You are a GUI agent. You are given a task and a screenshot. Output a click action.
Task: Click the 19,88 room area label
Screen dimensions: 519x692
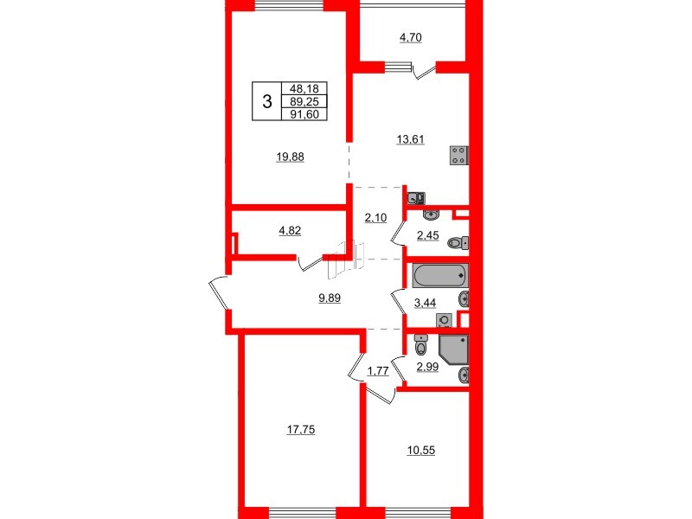point(291,157)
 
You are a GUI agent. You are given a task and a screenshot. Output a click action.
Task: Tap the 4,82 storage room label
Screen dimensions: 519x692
point(290,231)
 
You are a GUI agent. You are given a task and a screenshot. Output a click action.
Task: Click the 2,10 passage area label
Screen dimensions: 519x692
point(375,218)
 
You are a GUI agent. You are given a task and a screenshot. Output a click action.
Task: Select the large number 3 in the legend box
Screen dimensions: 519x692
point(267,101)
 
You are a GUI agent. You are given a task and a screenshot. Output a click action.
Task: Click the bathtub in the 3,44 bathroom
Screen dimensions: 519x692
point(440,277)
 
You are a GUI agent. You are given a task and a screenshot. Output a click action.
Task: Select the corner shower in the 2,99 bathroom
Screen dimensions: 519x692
point(453,349)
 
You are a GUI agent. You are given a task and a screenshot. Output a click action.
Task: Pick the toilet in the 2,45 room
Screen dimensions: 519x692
point(457,244)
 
